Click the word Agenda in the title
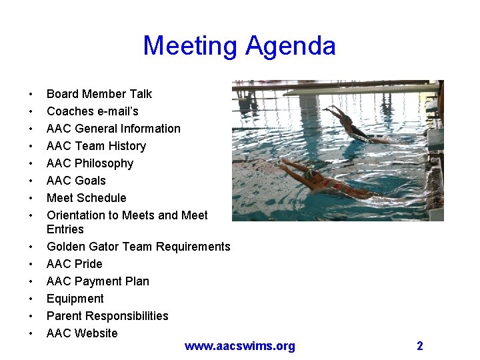coord(291,46)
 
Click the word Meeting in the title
coord(190,46)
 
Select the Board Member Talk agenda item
coord(99,94)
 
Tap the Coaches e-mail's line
coord(92,111)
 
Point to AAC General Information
coord(113,129)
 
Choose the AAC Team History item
coord(96,146)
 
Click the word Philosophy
coord(104,163)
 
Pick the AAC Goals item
coord(76,181)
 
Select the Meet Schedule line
coord(86,198)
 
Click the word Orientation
coord(81,215)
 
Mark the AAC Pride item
coord(74,264)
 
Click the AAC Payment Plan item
coord(97,281)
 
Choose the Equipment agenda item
coord(75,299)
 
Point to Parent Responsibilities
coord(107,316)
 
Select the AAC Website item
coord(81,333)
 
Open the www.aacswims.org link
coord(239,346)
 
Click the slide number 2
coord(420,345)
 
